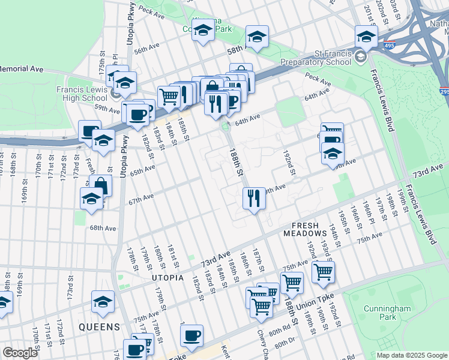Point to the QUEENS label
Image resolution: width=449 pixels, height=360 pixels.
[x=100, y=327]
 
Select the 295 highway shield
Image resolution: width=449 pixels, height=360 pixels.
[x=444, y=92]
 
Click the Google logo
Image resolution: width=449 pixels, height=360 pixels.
[x=20, y=352]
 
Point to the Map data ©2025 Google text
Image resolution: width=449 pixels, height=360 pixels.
[x=412, y=355]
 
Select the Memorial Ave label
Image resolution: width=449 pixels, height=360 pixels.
[x=22, y=69]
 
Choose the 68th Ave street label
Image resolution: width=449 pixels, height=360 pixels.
[x=103, y=228]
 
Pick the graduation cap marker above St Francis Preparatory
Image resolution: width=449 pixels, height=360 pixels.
[x=366, y=36]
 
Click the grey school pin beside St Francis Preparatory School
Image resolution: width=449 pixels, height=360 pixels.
[x=360, y=57]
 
